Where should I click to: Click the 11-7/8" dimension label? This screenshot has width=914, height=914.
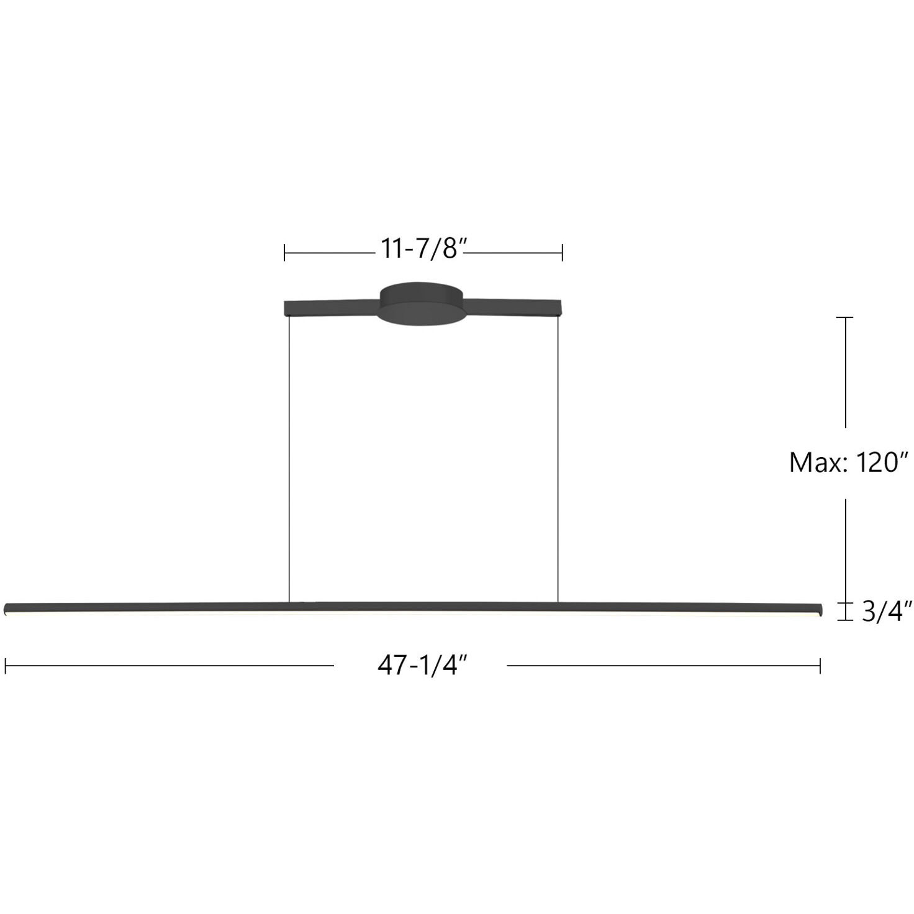point(423,249)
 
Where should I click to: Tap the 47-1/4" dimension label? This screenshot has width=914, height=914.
point(422,666)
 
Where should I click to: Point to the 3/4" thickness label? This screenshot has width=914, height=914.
point(887,612)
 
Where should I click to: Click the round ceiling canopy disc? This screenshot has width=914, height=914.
point(422,304)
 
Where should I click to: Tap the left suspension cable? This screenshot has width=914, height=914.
point(289,459)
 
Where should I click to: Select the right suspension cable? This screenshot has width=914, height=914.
point(558,459)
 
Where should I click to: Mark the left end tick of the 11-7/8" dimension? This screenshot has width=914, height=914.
point(284,253)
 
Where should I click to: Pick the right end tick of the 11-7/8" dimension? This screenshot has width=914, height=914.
point(562,253)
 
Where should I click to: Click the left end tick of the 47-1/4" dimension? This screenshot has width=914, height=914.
point(5,666)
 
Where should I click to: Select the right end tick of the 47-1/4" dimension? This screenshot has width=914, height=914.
point(820,666)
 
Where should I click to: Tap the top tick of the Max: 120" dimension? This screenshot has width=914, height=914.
point(845,317)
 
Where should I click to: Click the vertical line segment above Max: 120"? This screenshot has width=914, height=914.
point(845,373)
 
